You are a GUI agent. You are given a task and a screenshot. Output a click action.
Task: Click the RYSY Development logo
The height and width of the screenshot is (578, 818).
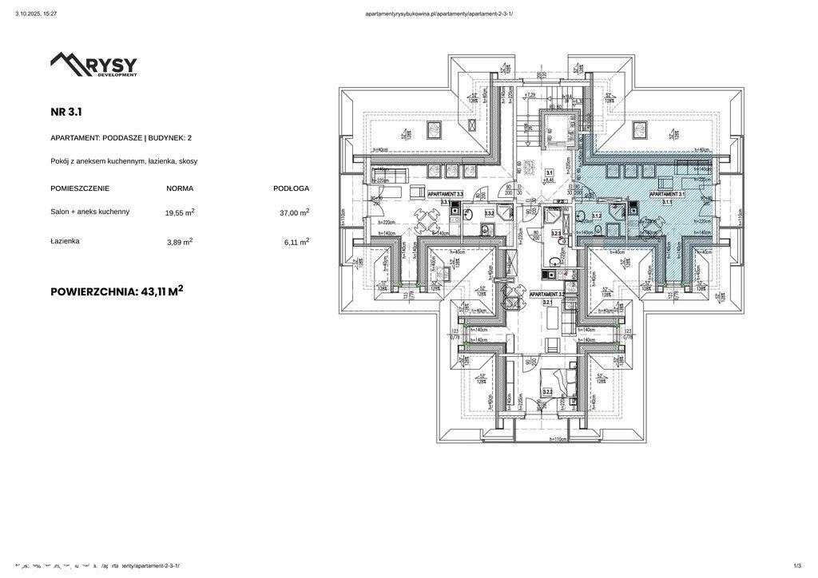point(93,64)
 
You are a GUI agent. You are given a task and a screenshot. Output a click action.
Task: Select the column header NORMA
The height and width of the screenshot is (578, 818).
point(180,188)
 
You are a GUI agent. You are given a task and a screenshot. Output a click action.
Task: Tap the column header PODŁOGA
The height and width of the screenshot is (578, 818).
point(291,188)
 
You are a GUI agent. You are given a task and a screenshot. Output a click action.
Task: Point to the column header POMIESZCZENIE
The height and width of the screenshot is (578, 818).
point(80,188)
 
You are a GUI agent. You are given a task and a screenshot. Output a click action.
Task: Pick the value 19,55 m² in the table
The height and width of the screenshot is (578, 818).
point(180,212)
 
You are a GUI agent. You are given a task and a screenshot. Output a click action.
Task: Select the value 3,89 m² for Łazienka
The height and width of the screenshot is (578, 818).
point(180,241)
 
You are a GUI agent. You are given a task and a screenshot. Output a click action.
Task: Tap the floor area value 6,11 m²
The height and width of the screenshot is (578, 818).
point(296,241)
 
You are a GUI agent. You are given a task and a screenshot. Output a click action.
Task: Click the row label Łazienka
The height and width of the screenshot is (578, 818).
point(65,240)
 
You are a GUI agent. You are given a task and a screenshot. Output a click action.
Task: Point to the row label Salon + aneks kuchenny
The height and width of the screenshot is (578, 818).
point(89,212)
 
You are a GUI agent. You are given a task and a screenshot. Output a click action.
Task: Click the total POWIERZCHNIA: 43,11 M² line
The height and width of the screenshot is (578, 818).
point(117,291)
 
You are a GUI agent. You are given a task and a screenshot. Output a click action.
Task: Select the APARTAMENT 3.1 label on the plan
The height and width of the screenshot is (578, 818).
point(666,194)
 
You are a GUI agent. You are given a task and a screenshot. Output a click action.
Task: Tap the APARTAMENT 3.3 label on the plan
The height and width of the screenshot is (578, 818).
point(445,194)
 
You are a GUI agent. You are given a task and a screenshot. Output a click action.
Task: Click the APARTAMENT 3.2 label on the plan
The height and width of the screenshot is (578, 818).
point(548,295)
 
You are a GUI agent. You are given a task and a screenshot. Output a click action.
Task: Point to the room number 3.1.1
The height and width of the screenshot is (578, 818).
point(667,203)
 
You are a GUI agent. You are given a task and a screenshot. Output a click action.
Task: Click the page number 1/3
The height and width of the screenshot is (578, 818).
point(797,566)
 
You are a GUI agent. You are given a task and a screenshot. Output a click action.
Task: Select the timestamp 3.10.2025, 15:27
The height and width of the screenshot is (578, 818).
point(36,14)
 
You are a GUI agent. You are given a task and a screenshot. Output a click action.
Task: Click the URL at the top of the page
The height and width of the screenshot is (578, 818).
point(439,14)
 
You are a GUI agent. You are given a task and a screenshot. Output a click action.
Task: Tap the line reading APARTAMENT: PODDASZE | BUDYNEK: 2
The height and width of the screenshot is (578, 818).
point(121,138)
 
